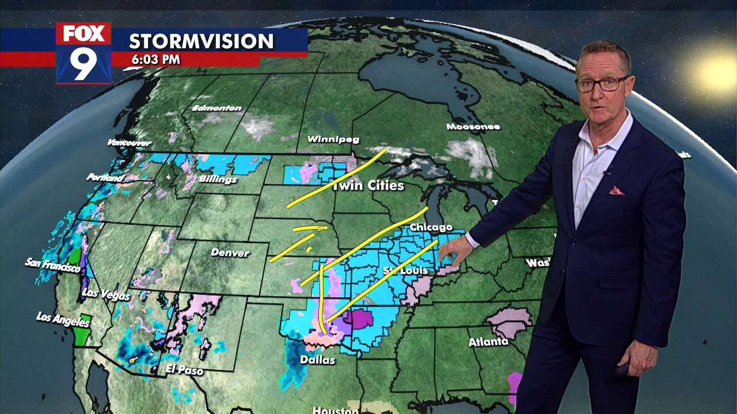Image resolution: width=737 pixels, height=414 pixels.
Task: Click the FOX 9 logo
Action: pyautogui.click(x=83, y=53)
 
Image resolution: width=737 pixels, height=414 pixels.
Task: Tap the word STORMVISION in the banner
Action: pyautogui.click(x=201, y=41)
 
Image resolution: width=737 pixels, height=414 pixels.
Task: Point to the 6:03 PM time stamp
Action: pyautogui.click(x=155, y=59)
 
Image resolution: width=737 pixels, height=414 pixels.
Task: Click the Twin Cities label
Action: pyautogui.click(x=368, y=186)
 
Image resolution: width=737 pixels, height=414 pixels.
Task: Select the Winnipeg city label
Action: pyautogui.click(x=333, y=139)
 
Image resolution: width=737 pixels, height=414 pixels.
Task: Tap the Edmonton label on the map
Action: pyautogui.click(x=216, y=108)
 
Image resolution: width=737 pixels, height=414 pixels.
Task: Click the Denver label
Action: pyautogui.click(x=230, y=252)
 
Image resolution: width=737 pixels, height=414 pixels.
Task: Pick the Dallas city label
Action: pyautogui.click(x=317, y=360)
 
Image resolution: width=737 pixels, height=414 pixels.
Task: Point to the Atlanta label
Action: pyautogui.click(x=488, y=342)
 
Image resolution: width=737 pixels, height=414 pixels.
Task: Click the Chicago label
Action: pyautogui.click(x=431, y=227)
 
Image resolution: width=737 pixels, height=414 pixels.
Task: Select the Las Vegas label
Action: pyautogui.click(x=106, y=293)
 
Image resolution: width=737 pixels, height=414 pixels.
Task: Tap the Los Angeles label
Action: pyautogui.click(x=63, y=319)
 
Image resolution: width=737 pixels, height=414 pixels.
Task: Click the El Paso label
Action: pyautogui.click(x=184, y=370)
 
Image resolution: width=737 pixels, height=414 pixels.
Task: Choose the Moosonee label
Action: pyautogui.click(x=473, y=126)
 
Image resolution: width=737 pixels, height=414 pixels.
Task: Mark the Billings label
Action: pyautogui.click(x=218, y=179)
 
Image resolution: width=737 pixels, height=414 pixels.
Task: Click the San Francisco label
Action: pyautogui.click(x=52, y=265)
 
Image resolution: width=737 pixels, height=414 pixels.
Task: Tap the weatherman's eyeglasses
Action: pyautogui.click(x=601, y=84)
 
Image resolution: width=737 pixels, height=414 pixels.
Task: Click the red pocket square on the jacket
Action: pyautogui.click(x=616, y=190)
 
